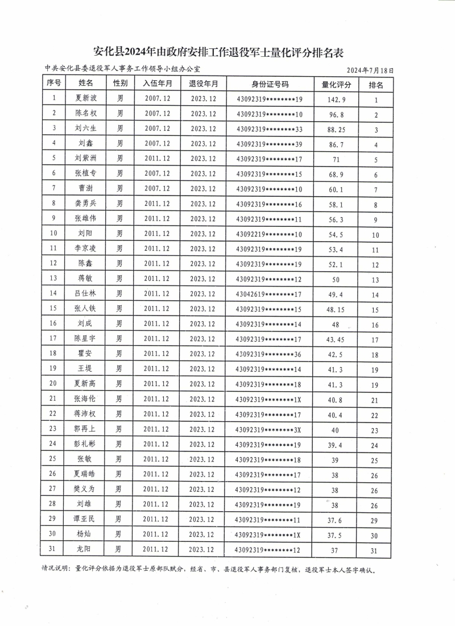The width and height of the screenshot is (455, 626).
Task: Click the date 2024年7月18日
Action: click(x=370, y=70)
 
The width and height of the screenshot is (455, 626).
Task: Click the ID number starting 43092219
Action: click(x=270, y=234)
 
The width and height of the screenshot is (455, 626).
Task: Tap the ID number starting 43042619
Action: click(x=270, y=293)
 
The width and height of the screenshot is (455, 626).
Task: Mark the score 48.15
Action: click(x=337, y=309)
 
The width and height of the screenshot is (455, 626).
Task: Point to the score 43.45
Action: click(x=337, y=339)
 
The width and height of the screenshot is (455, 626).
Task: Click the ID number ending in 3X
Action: click(x=270, y=429)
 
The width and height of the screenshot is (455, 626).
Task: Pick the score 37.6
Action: click(x=337, y=519)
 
